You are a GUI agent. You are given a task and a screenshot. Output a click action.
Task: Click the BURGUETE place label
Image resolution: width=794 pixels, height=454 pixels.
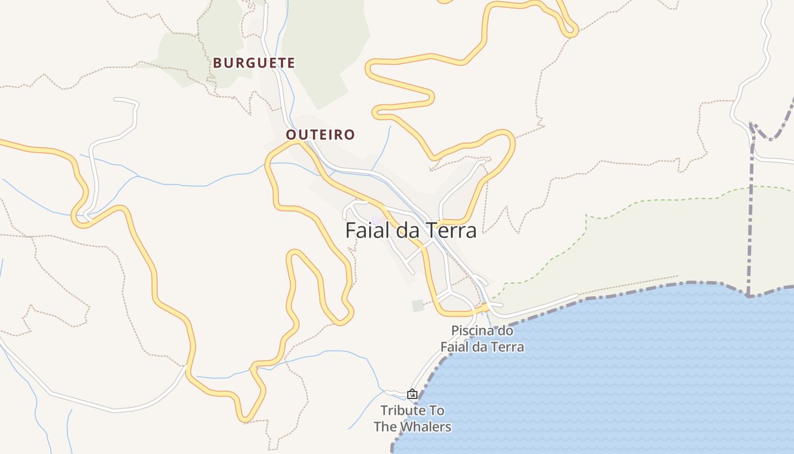pos(254,62)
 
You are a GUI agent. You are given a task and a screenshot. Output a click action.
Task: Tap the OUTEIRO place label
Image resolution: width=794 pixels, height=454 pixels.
pos(320,134)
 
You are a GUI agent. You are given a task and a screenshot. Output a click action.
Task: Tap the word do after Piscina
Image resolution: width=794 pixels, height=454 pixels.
pos(505,330)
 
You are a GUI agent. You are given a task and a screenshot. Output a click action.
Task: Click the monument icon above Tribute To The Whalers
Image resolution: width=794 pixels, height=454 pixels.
pos(412,393)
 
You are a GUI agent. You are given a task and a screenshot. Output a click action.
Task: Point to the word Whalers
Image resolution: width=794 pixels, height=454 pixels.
pos(425,427)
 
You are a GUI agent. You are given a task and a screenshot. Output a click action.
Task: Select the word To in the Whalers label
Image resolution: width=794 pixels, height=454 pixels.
pos(437,410)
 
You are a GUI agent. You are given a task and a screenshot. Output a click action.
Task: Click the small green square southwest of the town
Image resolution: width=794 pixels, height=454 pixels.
pos(418,305)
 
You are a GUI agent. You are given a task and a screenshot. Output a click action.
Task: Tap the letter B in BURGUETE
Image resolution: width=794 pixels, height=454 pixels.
pos(217,62)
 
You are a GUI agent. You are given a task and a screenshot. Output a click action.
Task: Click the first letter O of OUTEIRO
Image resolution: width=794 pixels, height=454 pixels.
pos(291,134)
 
